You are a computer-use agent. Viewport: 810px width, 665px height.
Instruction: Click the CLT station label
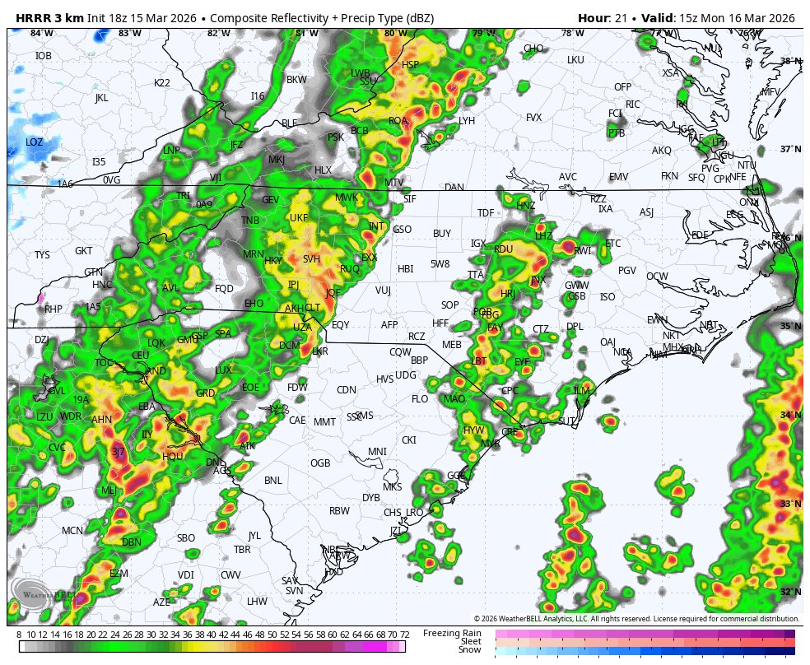coord(313,307)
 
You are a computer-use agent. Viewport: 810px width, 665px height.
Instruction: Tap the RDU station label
coord(503,249)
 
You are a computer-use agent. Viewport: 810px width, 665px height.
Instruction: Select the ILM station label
coord(582,390)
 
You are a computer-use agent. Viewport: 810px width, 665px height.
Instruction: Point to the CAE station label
coord(297,420)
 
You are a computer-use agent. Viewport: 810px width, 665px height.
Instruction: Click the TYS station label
coord(42,255)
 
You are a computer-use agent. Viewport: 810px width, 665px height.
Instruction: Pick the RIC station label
coord(632,105)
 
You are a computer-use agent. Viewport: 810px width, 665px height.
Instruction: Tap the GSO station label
coord(403,230)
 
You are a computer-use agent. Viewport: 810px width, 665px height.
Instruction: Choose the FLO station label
coord(420,399)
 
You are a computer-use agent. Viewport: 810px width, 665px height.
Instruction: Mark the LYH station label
coord(467,121)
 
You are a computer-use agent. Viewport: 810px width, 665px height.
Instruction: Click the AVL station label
coord(170,288)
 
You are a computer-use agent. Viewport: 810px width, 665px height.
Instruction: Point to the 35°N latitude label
coord(790,327)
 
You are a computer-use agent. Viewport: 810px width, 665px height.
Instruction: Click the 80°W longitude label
coord(395,33)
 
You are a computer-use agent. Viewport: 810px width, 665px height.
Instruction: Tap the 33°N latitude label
coord(790,504)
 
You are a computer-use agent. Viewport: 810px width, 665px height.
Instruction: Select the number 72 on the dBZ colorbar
coord(404,635)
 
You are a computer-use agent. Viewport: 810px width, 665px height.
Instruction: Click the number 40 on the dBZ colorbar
coord(212,635)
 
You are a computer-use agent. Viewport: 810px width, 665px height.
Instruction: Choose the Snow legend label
coord(470,649)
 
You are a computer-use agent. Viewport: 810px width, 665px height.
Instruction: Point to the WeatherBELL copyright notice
coord(636,618)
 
